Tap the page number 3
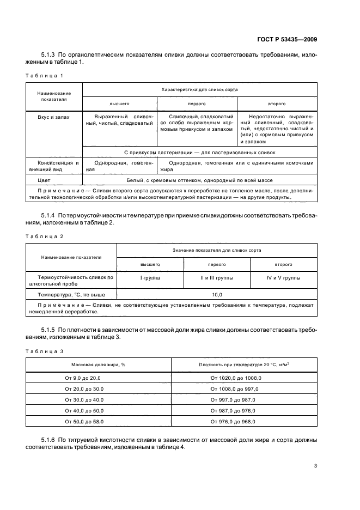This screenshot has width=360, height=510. click(315, 465)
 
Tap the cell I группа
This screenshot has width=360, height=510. click(150, 278)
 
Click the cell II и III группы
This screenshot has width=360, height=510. click(217, 278)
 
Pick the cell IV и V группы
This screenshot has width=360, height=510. click(283, 278)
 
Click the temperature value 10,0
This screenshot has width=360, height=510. click(217, 294)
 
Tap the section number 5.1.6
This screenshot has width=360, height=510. click(48, 439)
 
